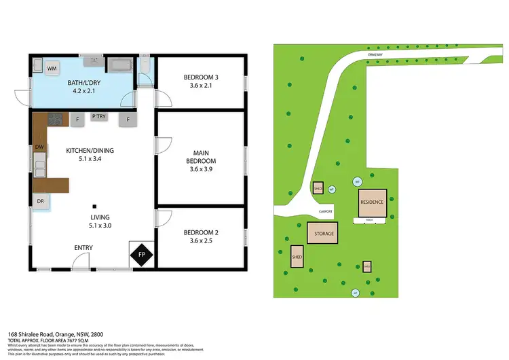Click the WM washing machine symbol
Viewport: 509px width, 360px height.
52,69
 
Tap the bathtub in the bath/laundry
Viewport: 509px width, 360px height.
121,66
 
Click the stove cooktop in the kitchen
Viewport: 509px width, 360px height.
56,120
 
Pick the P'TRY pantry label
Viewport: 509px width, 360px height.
99,118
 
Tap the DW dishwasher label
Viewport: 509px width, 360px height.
39,147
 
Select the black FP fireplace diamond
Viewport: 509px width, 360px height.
142,255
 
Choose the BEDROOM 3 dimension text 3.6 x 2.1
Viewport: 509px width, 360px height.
200,86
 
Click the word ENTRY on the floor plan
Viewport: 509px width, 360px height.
83,247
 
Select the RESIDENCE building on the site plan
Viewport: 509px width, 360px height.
372,202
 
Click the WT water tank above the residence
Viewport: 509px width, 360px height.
357,181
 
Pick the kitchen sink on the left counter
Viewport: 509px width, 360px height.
39,164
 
